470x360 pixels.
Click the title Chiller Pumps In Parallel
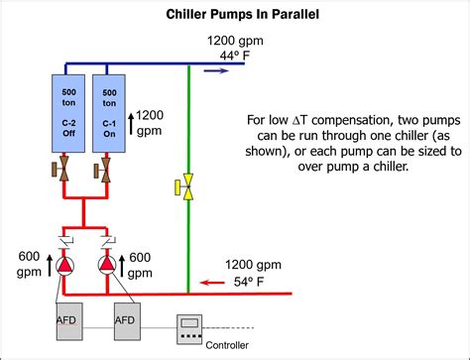pos(235,15)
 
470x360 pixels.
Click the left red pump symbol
pos(65,266)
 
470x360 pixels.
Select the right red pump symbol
pos(108,266)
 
